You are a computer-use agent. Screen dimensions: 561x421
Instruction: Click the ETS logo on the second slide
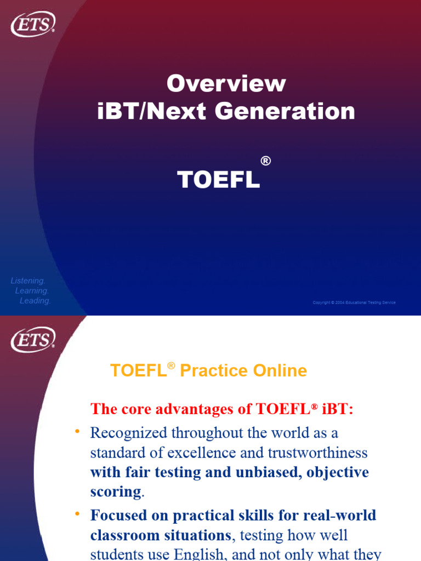(33, 340)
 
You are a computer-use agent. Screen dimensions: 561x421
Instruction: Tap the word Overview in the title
(226, 84)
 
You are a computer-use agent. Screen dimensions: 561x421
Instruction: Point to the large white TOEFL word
(218, 180)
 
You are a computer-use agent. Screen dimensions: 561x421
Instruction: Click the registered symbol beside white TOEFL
(265, 161)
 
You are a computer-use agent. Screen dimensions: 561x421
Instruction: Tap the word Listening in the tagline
(28, 280)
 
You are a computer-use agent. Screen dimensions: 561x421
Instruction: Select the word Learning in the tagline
(32, 291)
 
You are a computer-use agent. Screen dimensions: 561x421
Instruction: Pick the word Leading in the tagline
(35, 301)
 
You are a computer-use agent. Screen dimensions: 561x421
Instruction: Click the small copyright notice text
(354, 302)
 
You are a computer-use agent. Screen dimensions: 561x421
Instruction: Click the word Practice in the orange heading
(206, 371)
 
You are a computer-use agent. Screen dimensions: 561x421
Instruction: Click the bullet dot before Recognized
(77, 432)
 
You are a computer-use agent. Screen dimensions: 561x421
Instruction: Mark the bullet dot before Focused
(77, 514)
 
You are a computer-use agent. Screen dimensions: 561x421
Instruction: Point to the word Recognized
(129, 433)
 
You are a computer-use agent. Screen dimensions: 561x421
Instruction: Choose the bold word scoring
(116, 491)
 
